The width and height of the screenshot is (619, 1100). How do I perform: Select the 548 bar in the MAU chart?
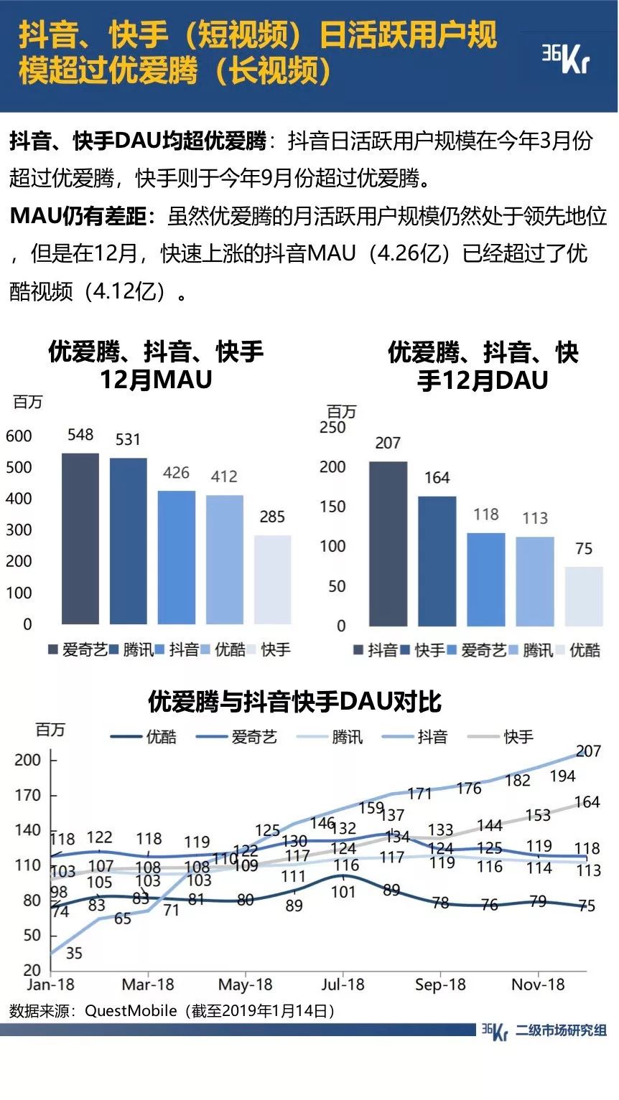click(x=80, y=538)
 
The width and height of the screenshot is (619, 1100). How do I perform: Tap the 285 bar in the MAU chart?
click(x=272, y=579)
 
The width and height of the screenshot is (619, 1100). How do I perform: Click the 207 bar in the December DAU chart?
click(x=388, y=544)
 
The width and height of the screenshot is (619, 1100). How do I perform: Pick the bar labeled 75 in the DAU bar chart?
click(x=584, y=596)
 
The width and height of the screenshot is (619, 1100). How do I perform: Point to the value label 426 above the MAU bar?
click(x=176, y=473)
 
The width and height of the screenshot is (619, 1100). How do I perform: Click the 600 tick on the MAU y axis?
click(x=19, y=436)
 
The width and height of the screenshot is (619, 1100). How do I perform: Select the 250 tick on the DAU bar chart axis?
click(x=332, y=428)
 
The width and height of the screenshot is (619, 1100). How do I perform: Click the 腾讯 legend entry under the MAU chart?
click(x=132, y=650)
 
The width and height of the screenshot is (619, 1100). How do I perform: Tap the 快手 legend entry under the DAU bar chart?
click(x=424, y=651)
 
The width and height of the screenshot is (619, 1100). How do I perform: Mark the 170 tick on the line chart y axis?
click(x=27, y=795)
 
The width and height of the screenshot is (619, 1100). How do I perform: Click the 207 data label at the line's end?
click(x=588, y=752)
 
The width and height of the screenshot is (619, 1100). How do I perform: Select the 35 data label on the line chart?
click(x=74, y=954)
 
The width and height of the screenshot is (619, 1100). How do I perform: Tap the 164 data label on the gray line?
click(x=587, y=803)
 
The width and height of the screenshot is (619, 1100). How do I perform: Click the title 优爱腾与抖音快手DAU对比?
click(x=294, y=701)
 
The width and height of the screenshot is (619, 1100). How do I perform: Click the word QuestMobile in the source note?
click(x=131, y=1011)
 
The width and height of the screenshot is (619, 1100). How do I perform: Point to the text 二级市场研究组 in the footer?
click(x=562, y=1031)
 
